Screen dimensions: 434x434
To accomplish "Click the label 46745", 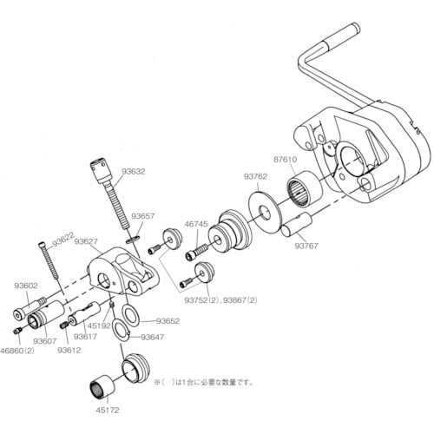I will pyautogui.click(x=196, y=224).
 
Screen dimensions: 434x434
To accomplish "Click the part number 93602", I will pyautogui.click(x=25, y=284).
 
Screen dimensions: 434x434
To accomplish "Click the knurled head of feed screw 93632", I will pyautogui.click(x=99, y=168).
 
